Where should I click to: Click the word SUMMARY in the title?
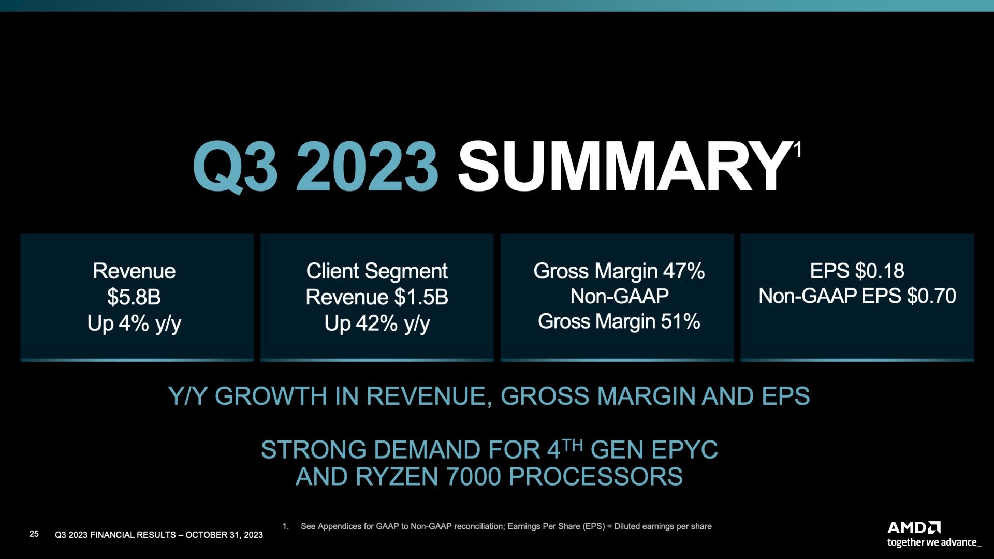pyautogui.click(x=623, y=167)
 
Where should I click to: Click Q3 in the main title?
pyautogui.click(x=235, y=168)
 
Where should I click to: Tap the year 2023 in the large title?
pyautogui.click(x=367, y=167)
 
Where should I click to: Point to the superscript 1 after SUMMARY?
pyautogui.click(x=798, y=150)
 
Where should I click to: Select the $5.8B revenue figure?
pyautogui.click(x=134, y=297)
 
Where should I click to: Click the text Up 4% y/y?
pyautogui.click(x=134, y=324)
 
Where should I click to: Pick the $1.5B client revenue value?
pyautogui.click(x=421, y=297)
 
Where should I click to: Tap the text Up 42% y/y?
pyautogui.click(x=377, y=324)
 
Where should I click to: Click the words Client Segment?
pyautogui.click(x=377, y=271)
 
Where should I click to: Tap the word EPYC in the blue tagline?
pyautogui.click(x=685, y=450)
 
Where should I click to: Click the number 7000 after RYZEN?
pyautogui.click(x=470, y=477)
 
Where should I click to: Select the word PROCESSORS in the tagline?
pyautogui.click(x=596, y=477)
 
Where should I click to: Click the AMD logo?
pyautogui.click(x=914, y=528)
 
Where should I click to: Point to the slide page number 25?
pyautogui.click(x=34, y=534)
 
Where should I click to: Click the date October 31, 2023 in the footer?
pyautogui.click(x=224, y=535)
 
